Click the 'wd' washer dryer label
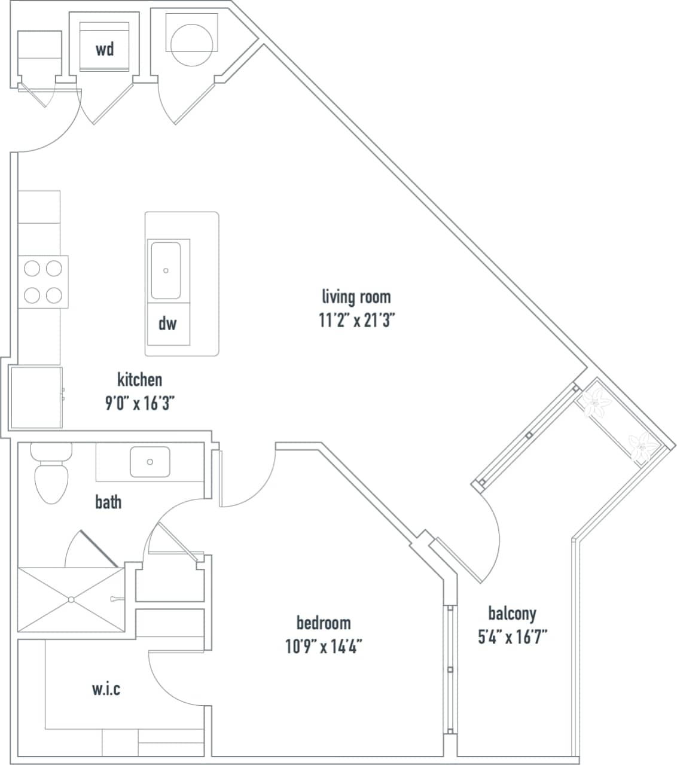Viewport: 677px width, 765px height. (x=105, y=49)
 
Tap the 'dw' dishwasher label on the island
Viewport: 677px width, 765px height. (x=167, y=324)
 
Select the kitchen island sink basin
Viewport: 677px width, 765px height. (x=166, y=270)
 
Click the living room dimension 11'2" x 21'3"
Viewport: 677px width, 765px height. (x=356, y=321)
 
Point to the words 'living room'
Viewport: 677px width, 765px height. (x=356, y=297)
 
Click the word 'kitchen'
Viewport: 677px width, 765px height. (x=139, y=380)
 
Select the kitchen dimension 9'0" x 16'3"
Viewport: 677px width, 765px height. (x=139, y=404)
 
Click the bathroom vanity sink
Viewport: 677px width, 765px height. (x=150, y=461)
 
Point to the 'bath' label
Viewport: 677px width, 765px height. (x=108, y=502)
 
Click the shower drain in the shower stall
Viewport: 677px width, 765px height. (x=71, y=599)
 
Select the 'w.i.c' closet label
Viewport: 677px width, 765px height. (x=106, y=689)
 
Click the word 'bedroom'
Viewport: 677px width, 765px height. (x=324, y=623)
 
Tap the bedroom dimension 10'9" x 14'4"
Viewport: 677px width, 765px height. (x=324, y=647)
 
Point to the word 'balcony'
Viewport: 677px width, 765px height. (x=512, y=614)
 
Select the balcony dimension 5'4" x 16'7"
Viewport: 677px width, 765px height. (x=512, y=637)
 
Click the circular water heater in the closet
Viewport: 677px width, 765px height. (x=191, y=44)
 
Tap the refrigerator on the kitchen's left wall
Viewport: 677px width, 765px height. (x=36, y=398)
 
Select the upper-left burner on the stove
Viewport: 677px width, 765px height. (x=32, y=269)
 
